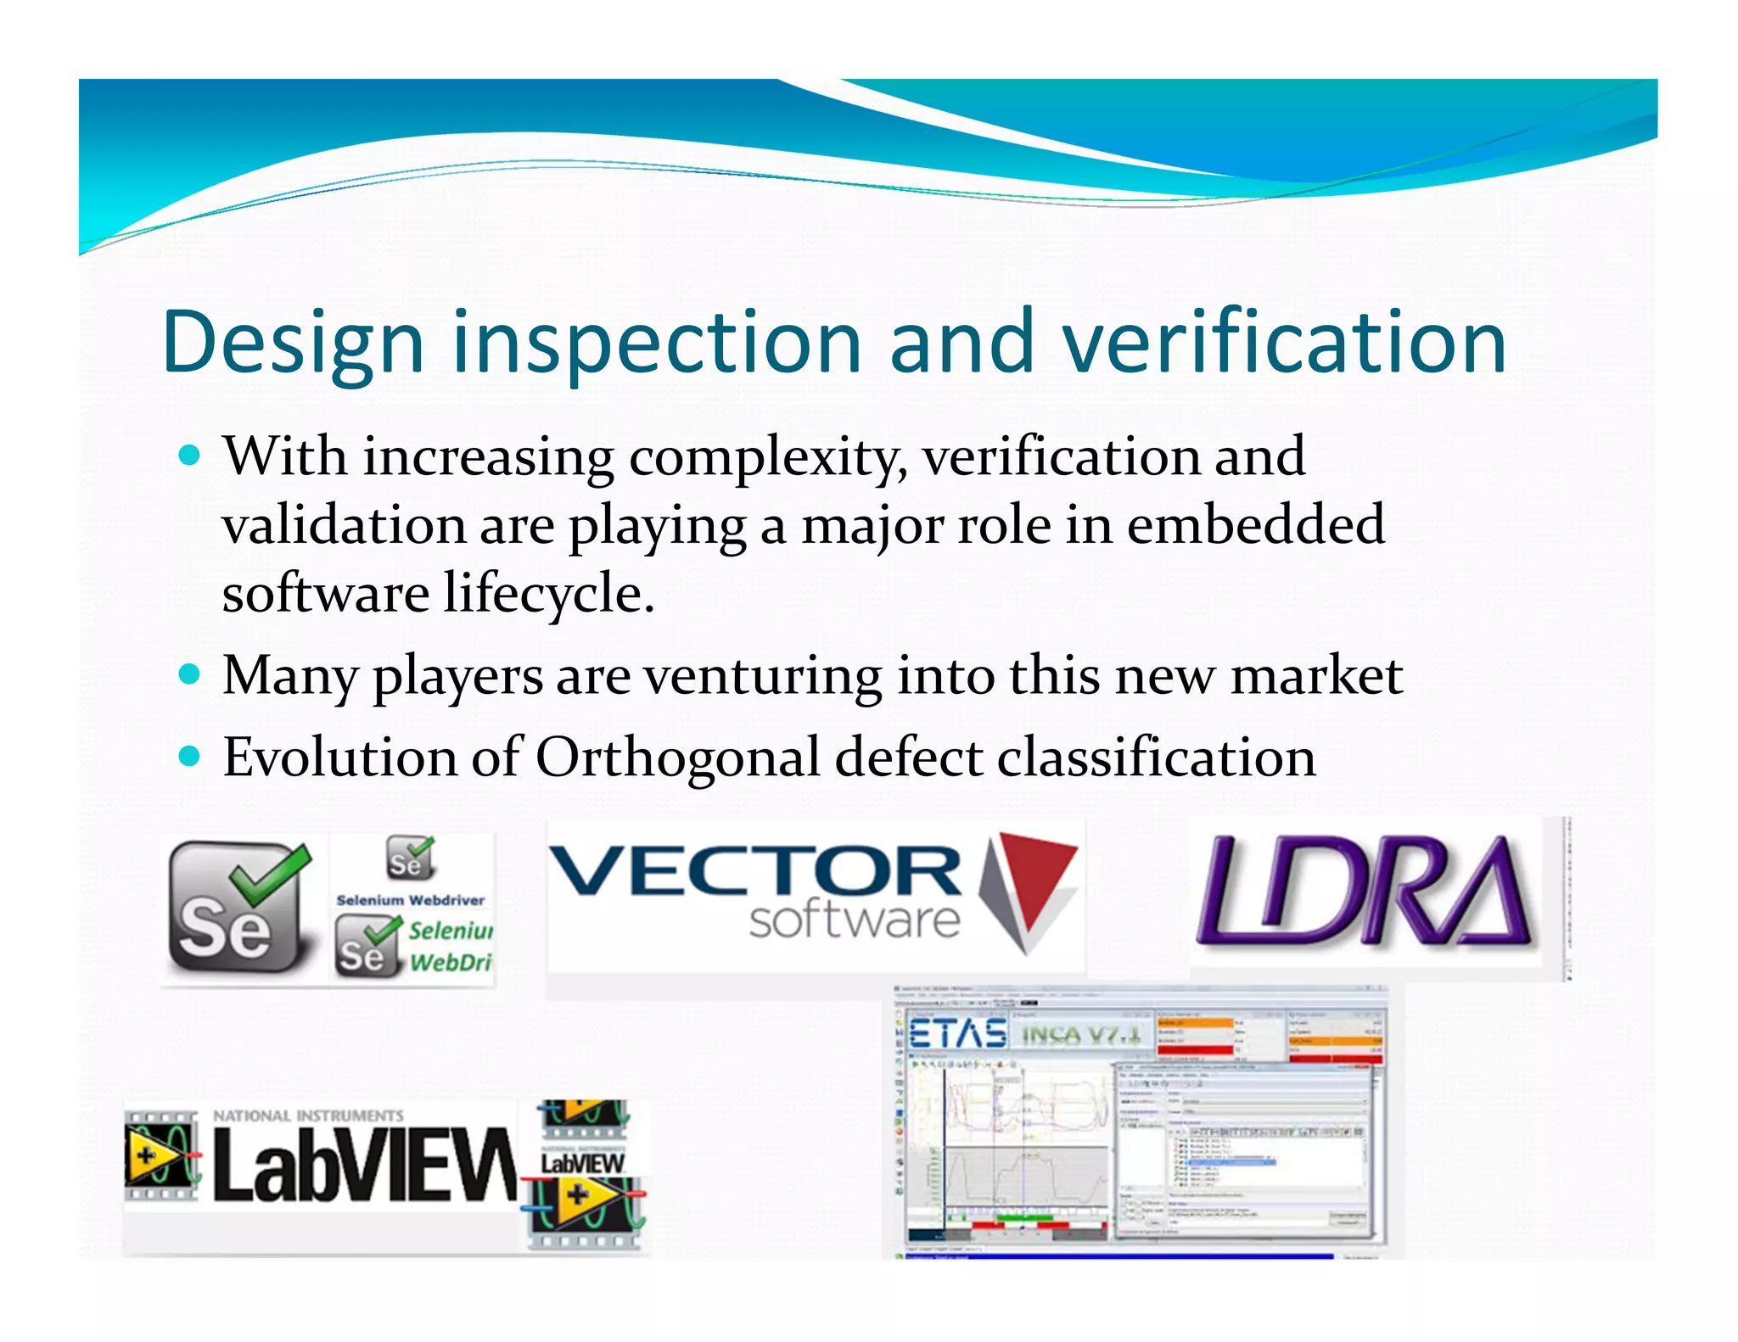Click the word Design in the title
pyautogui.click(x=292, y=343)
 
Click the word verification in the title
pyautogui.click(x=1283, y=343)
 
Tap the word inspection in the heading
pyautogui.click(x=657, y=343)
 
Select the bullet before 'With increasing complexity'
pyautogui.click(x=190, y=456)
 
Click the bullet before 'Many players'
pyautogui.click(x=190, y=676)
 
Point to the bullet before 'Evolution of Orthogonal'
pyautogui.click(x=190, y=757)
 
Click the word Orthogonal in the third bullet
pyautogui.click(x=677, y=757)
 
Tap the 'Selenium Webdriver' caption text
pyautogui.click(x=411, y=900)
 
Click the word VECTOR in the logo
pyautogui.click(x=755, y=872)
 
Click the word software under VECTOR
pyautogui.click(x=854, y=920)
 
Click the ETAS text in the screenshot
pyautogui.click(x=957, y=1034)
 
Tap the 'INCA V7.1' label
pyautogui.click(x=1081, y=1036)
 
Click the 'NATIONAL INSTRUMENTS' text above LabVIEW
pyautogui.click(x=308, y=1116)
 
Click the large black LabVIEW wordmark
pyautogui.click(x=365, y=1166)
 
